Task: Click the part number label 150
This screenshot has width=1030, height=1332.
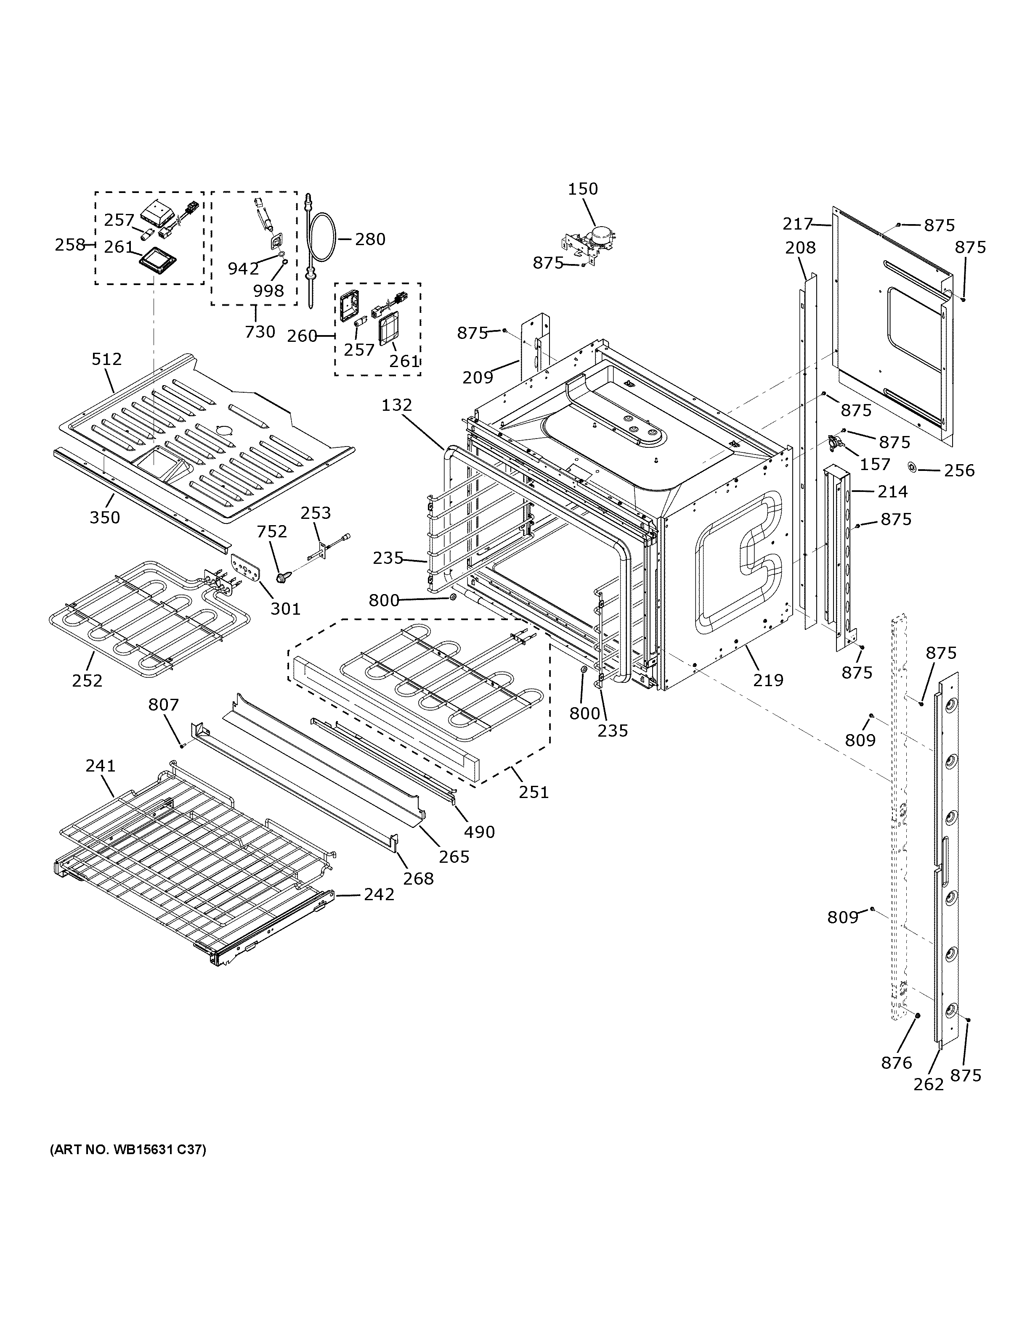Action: click(x=583, y=189)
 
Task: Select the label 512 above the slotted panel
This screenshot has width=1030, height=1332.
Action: click(x=107, y=359)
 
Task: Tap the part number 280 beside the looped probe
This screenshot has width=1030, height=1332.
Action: click(x=370, y=239)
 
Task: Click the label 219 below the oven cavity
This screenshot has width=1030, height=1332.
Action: click(x=767, y=679)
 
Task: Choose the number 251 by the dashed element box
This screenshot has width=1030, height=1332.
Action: click(x=534, y=792)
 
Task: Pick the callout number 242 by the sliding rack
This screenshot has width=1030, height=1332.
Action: click(x=379, y=894)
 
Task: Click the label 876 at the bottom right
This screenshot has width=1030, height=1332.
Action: click(x=896, y=1062)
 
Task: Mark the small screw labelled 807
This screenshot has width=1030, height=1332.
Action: click(x=182, y=745)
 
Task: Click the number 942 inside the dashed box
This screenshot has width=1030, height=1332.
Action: click(x=243, y=268)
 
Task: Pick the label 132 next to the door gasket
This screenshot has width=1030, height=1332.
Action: click(x=397, y=405)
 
